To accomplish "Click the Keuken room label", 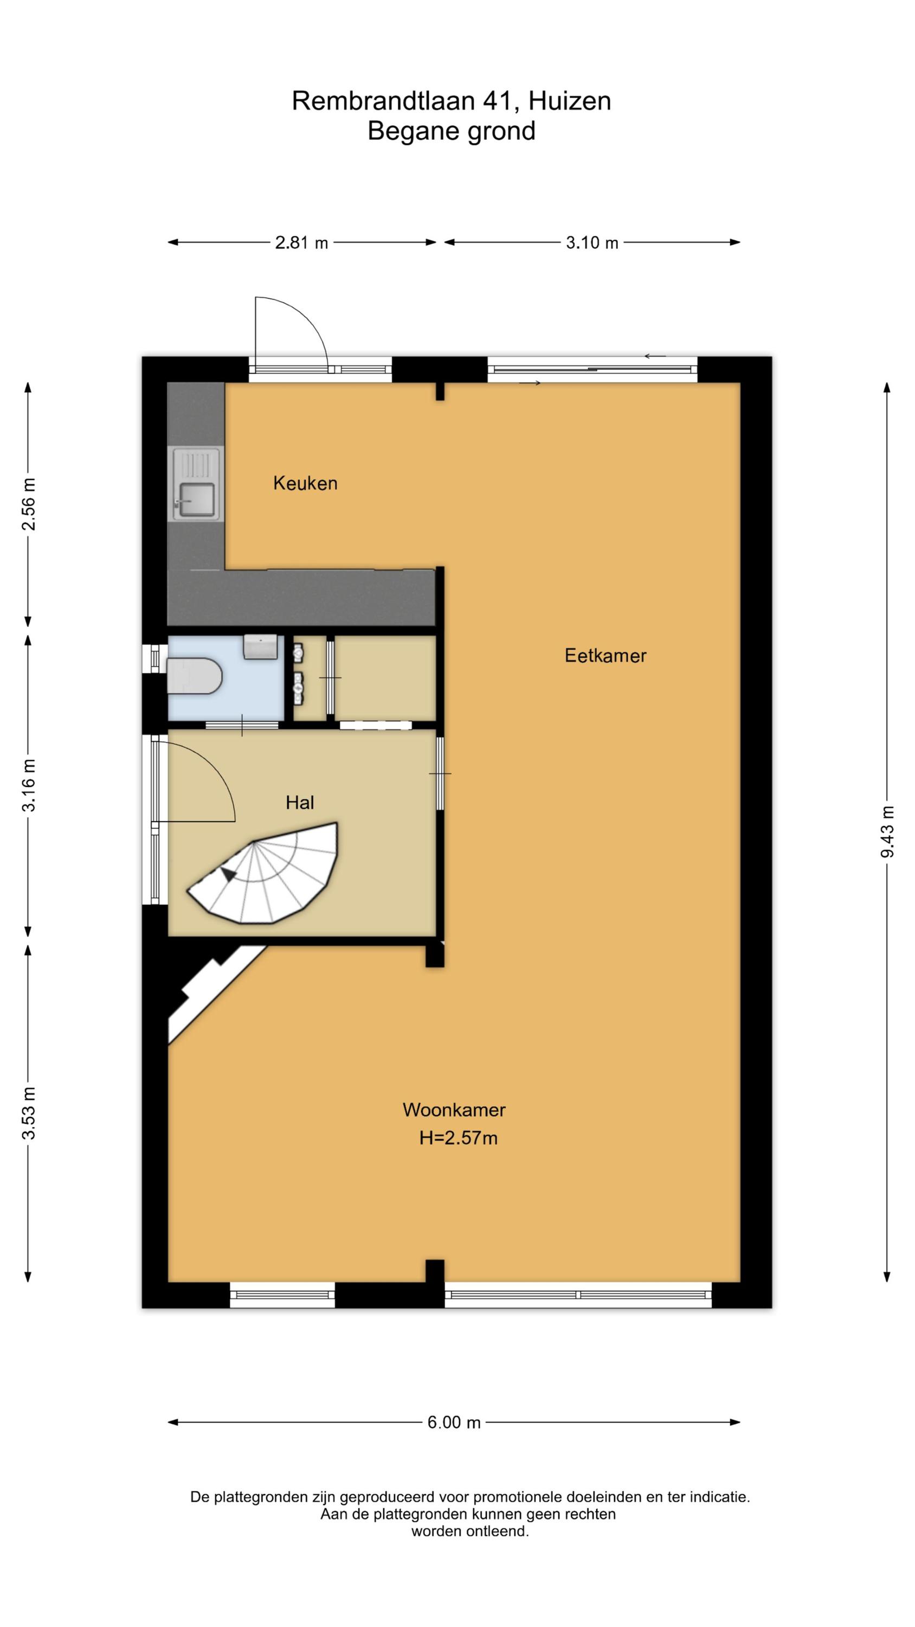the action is pyautogui.click(x=305, y=483).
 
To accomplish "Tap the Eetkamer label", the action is pyautogui.click(x=605, y=656).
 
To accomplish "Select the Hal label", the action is pyautogui.click(x=299, y=803).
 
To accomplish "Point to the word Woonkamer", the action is pyautogui.click(x=454, y=1110).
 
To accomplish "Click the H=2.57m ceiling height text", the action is pyautogui.click(x=459, y=1138).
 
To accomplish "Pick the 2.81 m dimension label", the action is pyautogui.click(x=301, y=242).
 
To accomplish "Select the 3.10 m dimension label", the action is pyautogui.click(x=592, y=242).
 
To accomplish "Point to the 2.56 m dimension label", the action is pyautogui.click(x=28, y=505).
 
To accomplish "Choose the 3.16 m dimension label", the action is pyautogui.click(x=28, y=785).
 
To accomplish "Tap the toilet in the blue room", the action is pyautogui.click(x=194, y=676).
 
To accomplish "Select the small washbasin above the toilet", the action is pyautogui.click(x=260, y=648).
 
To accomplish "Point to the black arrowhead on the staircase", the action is pyautogui.click(x=228, y=874).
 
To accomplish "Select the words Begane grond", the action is pyautogui.click(x=452, y=131).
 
